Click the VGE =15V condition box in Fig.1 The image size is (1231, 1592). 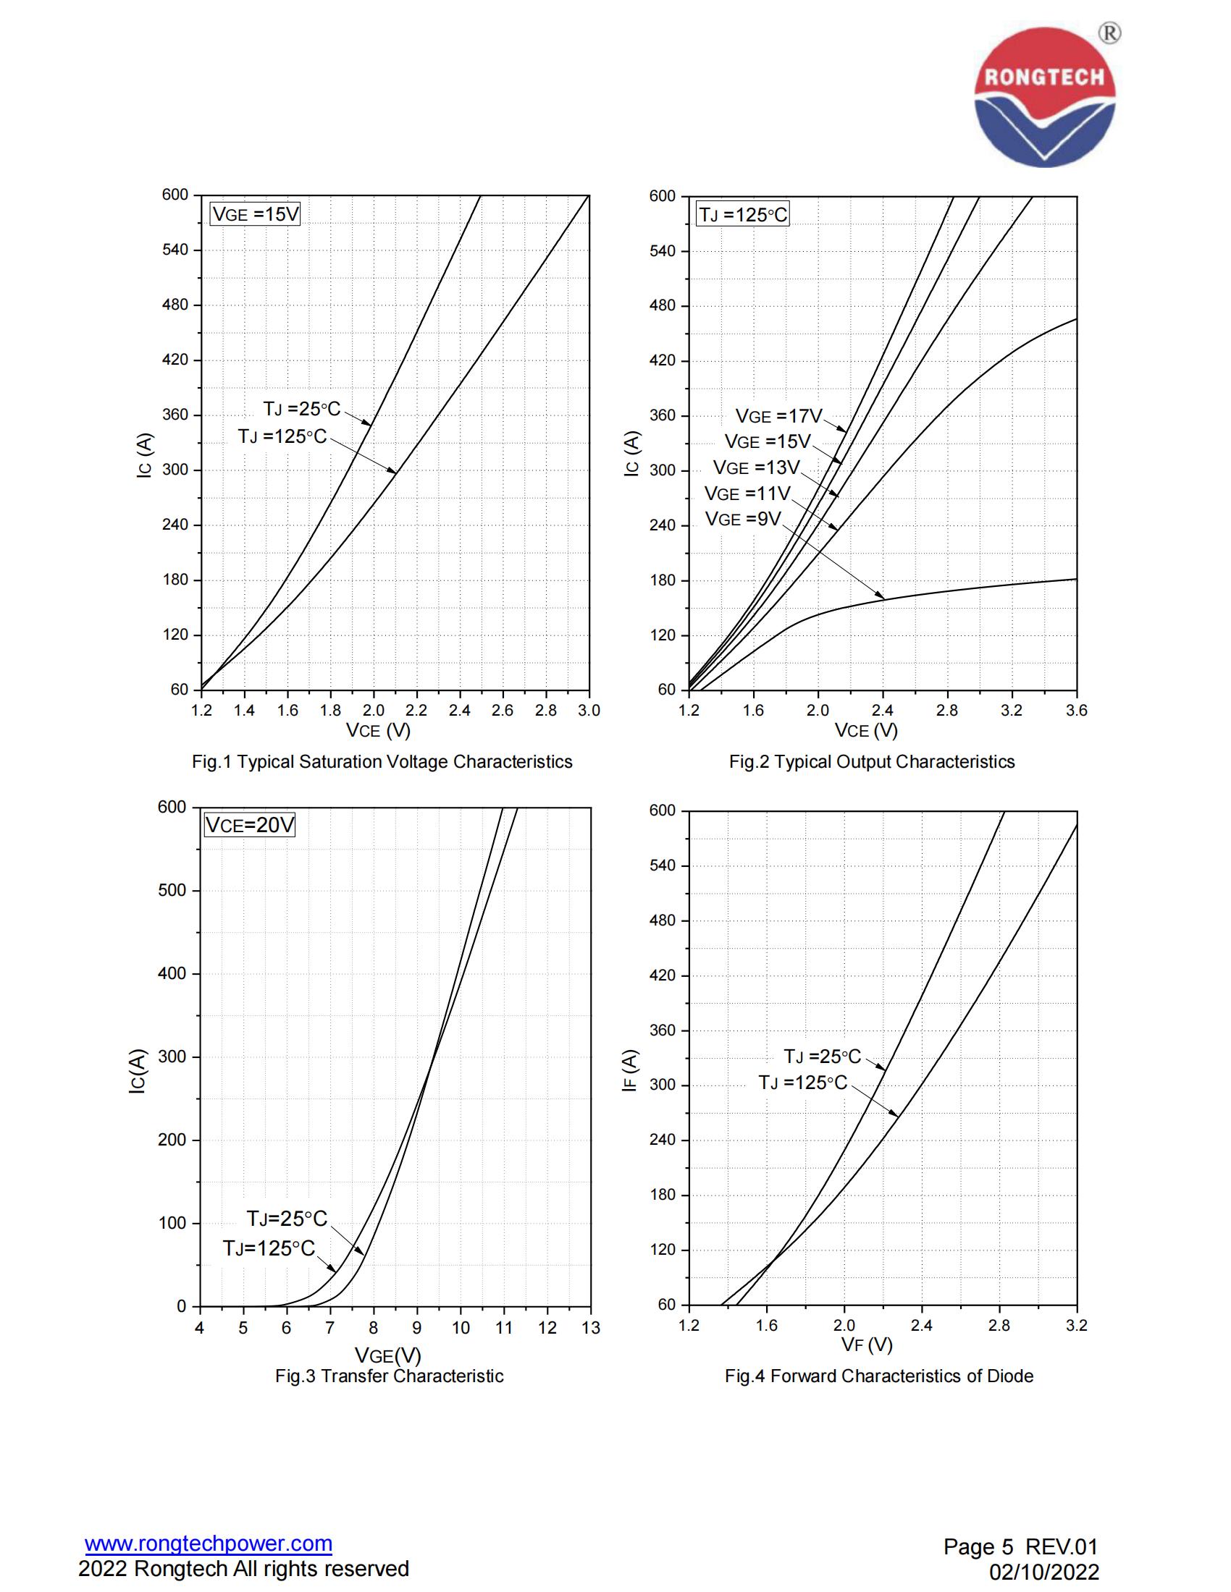(x=255, y=214)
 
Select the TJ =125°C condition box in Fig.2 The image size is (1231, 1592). (x=742, y=215)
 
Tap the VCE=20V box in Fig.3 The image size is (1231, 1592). (x=249, y=825)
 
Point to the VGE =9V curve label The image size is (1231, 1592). (x=742, y=519)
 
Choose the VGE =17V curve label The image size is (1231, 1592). (x=778, y=416)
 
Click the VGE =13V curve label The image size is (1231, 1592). (x=756, y=467)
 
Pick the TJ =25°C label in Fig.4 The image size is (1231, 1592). (x=822, y=1057)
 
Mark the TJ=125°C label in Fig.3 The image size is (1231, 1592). (x=269, y=1249)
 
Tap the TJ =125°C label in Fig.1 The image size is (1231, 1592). (x=282, y=436)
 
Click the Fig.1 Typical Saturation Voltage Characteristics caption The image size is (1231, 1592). (x=382, y=762)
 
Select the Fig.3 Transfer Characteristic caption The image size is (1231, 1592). (x=389, y=1376)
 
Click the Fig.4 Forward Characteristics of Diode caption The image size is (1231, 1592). (x=879, y=1376)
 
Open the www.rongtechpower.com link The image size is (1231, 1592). (x=209, y=1544)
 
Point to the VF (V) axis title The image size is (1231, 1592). (x=866, y=1345)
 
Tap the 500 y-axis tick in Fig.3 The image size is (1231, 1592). (x=172, y=891)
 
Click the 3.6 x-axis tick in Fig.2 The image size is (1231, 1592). (x=1075, y=711)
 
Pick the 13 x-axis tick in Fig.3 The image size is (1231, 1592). (x=591, y=1328)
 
